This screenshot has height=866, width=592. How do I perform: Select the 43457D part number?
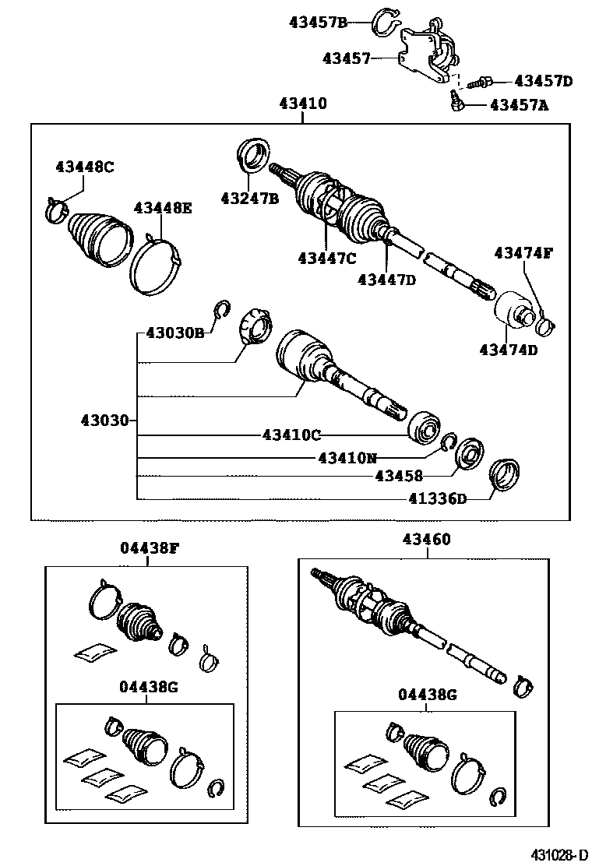coord(543,81)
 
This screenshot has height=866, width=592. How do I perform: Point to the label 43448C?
coord(85,166)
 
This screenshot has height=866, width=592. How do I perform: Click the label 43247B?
coord(249,199)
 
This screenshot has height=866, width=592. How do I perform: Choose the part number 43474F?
coord(523,252)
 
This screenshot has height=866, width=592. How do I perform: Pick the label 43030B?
coord(174,333)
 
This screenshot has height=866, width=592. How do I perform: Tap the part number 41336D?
coord(439,498)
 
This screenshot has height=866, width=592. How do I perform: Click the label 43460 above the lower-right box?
coord(426,539)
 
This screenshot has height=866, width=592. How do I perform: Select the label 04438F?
coord(150,547)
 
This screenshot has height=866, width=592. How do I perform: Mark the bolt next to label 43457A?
coord(455,101)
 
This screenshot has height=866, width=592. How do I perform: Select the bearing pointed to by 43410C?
coord(424,425)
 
